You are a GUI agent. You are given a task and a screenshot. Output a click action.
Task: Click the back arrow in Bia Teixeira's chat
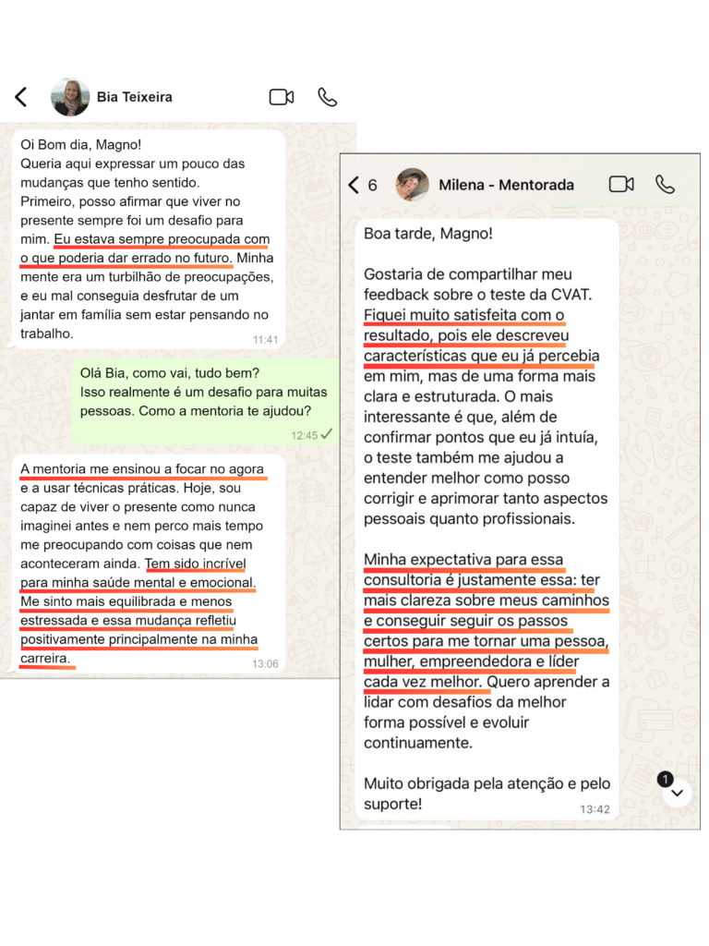21,97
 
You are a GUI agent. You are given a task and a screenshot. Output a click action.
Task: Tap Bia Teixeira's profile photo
70,97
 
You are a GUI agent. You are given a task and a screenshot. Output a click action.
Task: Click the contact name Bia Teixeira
135,96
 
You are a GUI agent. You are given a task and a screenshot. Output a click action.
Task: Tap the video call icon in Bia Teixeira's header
282,97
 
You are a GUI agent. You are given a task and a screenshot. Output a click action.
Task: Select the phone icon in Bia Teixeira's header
327,97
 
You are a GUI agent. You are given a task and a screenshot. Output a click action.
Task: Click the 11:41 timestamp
265,339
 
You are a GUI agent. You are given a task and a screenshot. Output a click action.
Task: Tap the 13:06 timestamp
265,663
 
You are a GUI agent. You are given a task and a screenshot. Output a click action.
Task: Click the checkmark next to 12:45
326,433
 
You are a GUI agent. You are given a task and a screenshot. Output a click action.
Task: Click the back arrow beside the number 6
354,185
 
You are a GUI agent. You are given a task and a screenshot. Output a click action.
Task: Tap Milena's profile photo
412,185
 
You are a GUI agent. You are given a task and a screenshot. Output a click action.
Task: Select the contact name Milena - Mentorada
506,185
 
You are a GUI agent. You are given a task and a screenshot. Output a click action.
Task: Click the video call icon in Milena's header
621,185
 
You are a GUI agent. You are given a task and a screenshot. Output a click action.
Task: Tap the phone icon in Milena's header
665,185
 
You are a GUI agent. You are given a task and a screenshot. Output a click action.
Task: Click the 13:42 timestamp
595,808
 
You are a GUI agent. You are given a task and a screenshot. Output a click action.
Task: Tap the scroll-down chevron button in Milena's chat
677,793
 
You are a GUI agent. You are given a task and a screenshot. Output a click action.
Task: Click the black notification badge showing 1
665,780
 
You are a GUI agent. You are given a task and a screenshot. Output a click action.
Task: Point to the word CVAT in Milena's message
572,295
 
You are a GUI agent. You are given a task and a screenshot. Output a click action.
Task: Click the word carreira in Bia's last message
44,659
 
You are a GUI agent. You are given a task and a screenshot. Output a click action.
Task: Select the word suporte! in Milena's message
393,804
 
